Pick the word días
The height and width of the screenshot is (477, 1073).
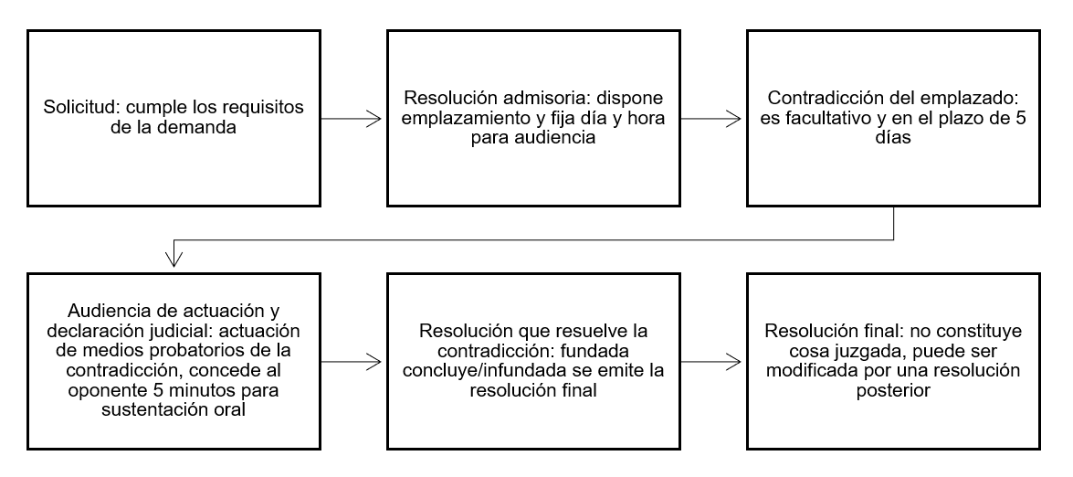click(x=893, y=137)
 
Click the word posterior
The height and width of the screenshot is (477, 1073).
click(x=893, y=391)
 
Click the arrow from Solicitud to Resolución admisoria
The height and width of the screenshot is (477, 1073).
click(x=351, y=119)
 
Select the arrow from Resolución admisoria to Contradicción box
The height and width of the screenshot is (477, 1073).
click(x=710, y=119)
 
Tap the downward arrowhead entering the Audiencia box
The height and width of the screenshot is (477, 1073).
click(x=174, y=259)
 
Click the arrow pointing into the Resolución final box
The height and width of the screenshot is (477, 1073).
click(x=710, y=361)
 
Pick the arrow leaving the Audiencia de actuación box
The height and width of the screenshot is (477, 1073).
click(x=351, y=361)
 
